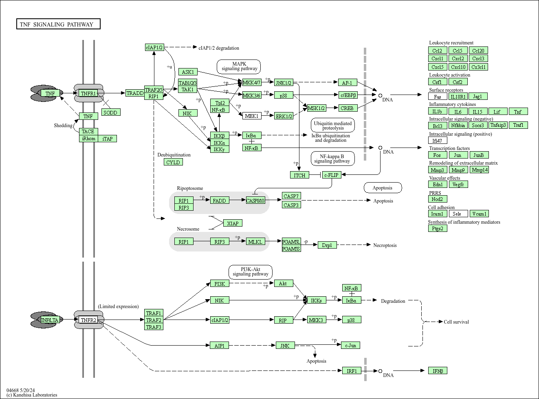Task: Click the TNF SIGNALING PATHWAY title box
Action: (x=58, y=24)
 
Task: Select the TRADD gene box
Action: (x=135, y=93)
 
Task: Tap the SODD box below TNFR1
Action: (x=110, y=112)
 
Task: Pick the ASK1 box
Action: (x=188, y=72)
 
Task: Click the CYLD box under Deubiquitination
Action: (x=173, y=162)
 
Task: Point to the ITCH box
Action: (x=299, y=175)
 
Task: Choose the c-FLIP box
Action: (x=331, y=175)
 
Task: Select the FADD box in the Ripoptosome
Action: (x=219, y=200)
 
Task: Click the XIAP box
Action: (x=233, y=223)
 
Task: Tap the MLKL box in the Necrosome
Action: (x=255, y=241)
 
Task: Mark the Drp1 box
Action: (x=327, y=245)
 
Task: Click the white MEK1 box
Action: (x=252, y=116)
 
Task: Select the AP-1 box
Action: (x=347, y=82)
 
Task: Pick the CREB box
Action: (x=347, y=108)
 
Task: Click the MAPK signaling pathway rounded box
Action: (x=239, y=66)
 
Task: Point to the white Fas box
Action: (x=438, y=96)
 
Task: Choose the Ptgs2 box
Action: (x=438, y=228)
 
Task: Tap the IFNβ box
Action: (x=438, y=370)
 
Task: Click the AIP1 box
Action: (x=219, y=345)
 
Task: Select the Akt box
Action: (x=283, y=283)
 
